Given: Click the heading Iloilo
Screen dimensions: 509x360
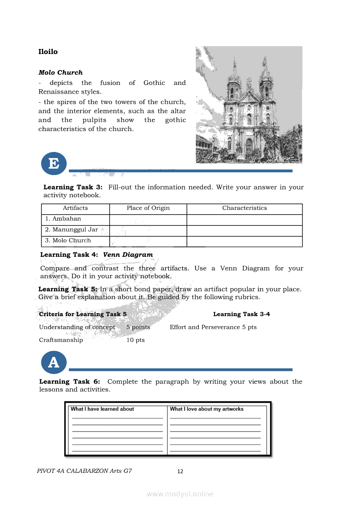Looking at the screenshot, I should (x=48, y=52).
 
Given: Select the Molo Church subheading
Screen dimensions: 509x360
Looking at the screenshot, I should (x=61, y=73).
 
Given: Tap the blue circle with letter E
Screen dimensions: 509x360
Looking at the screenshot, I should (x=54, y=164).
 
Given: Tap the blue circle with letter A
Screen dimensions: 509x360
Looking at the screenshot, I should (x=54, y=362).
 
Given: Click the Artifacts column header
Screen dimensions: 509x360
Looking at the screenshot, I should (x=75, y=208).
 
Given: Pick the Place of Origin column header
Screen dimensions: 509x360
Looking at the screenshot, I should (x=148, y=208).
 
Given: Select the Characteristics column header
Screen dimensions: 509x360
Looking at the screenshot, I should (x=245, y=208).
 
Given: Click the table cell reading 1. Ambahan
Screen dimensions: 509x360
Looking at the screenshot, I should (x=63, y=219).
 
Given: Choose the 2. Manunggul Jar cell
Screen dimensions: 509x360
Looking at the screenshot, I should (x=71, y=230).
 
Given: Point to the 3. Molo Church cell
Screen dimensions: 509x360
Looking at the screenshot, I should (x=68, y=241).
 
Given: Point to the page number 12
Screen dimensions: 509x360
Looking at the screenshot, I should (x=180, y=472).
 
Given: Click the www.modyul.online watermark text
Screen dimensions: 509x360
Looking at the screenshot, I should (x=180, y=494).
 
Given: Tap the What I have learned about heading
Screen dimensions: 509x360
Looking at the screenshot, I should (x=102, y=409).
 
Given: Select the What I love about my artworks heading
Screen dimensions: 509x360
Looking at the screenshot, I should (x=207, y=409).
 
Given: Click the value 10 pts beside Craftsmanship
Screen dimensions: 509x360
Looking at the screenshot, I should (x=136, y=340).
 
